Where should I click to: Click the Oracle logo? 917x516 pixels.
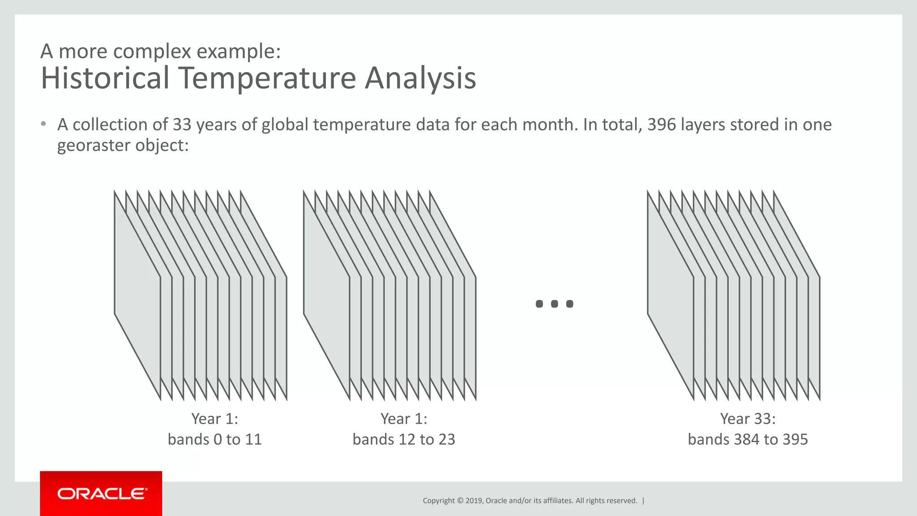[x=101, y=494]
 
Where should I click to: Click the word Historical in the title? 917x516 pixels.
[x=105, y=78]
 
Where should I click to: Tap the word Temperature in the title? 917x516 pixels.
[x=267, y=78]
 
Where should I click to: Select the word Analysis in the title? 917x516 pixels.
[x=420, y=78]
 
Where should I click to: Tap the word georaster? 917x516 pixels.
[x=94, y=146]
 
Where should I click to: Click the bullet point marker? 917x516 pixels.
[x=43, y=124]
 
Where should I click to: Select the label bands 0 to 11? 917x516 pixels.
[x=214, y=439]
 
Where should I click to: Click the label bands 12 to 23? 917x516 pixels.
[x=403, y=439]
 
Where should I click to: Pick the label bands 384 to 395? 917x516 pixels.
[x=747, y=439]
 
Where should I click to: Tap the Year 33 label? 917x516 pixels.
[x=747, y=419]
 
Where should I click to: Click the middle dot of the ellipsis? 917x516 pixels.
[x=554, y=304]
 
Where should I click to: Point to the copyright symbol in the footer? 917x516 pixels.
[x=460, y=501]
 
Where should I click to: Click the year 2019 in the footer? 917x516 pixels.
[x=474, y=501]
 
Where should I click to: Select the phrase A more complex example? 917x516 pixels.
[x=160, y=52]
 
